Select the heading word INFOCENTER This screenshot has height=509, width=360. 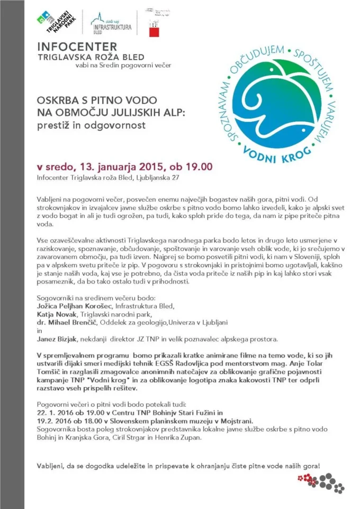click(x=77, y=47)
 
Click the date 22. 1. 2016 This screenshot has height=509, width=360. click(x=56, y=410)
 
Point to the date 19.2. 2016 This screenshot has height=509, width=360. click(x=55, y=419)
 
